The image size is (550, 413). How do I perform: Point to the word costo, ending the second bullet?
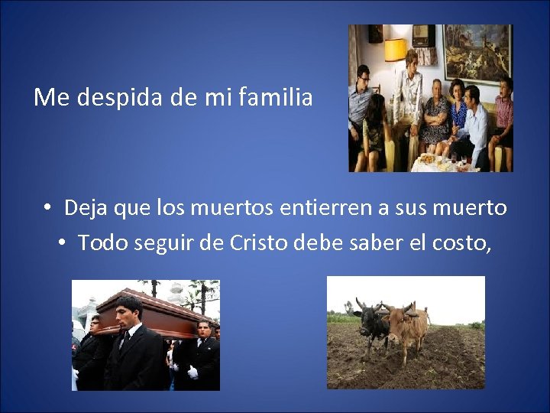click(x=475, y=242)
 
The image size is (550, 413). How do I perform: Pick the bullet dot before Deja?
click(x=47, y=208)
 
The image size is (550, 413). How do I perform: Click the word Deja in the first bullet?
click(x=86, y=207)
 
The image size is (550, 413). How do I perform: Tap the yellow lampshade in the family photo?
click(x=396, y=50)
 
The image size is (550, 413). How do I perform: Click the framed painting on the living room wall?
click(x=478, y=53)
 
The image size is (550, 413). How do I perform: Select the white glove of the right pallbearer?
click(x=192, y=372)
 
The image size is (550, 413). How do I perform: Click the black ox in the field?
click(x=372, y=320)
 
